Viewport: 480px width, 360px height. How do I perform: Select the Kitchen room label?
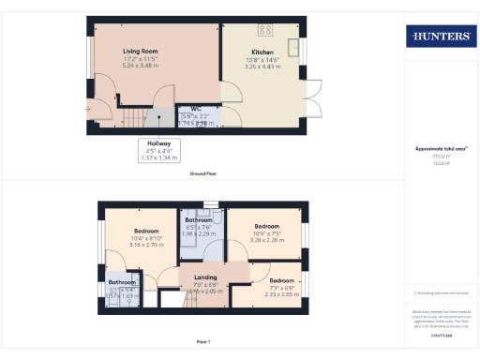pyautogui.click(x=262, y=52)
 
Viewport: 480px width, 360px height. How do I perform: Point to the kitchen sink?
pyautogui.click(x=294, y=46)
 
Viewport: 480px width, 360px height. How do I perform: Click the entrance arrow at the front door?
pyautogui.click(x=87, y=109)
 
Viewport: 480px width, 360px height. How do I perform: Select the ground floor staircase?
pyautogui.click(x=141, y=118)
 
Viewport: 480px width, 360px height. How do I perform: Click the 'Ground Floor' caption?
pyautogui.click(x=203, y=173)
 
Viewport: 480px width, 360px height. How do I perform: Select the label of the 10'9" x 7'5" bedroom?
pyautogui.click(x=267, y=226)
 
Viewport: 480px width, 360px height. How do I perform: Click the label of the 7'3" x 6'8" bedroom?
pyautogui.click(x=282, y=280)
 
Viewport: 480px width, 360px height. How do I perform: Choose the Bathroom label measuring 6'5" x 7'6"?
pyautogui.click(x=199, y=220)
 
